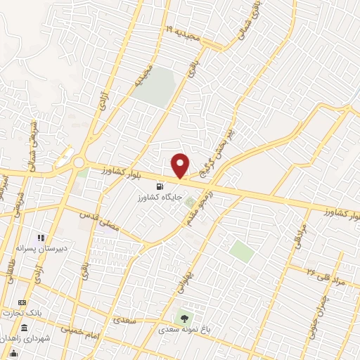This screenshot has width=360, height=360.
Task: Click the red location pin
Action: (181, 165)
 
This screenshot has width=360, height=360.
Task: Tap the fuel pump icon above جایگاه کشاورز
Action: (160, 187)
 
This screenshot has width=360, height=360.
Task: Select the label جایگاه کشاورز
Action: (160, 198)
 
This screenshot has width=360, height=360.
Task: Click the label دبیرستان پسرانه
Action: (40, 248)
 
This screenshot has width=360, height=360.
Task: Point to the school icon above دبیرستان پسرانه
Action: (40, 238)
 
